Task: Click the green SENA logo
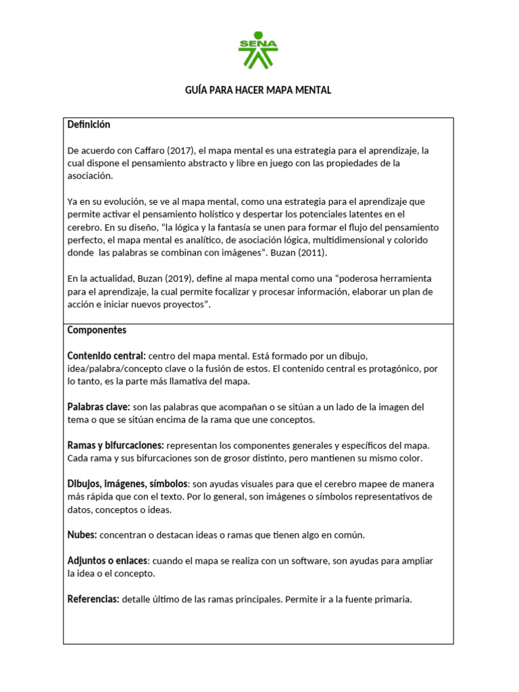(258, 50)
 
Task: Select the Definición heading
(89, 125)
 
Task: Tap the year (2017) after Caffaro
(177, 150)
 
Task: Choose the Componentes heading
(97, 330)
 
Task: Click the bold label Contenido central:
(106, 355)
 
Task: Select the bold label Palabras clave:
(99, 407)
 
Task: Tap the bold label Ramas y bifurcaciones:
(116, 445)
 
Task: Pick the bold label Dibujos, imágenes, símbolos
(127, 484)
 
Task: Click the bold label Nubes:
(82, 535)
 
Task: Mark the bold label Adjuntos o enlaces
(107, 561)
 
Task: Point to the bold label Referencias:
(93, 599)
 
